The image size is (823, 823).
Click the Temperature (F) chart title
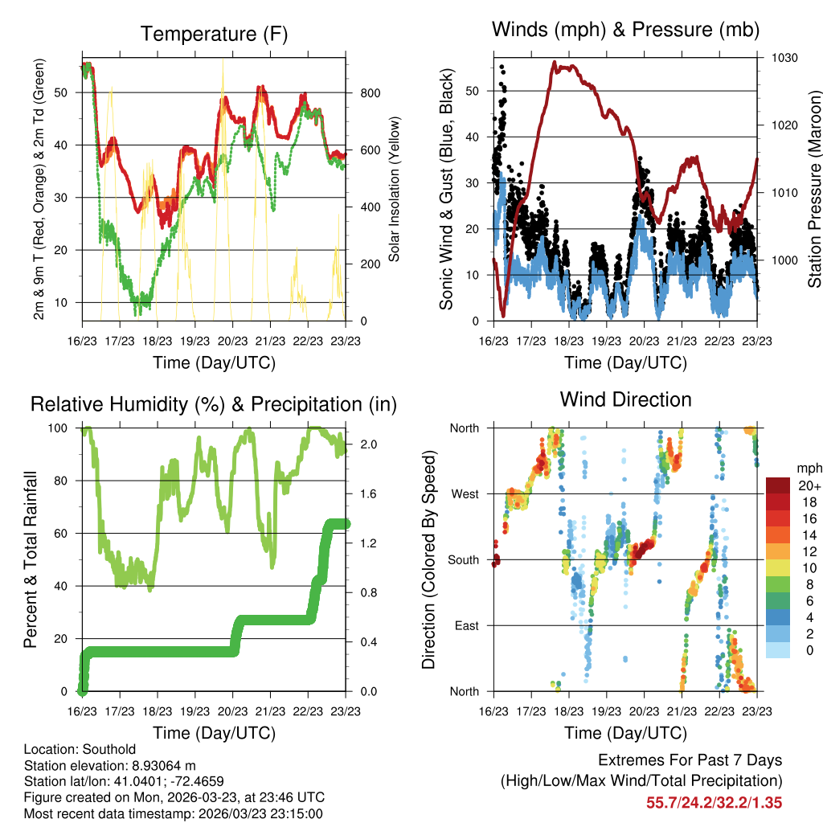214,34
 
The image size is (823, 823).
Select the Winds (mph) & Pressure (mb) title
625,30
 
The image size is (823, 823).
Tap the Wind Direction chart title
625,399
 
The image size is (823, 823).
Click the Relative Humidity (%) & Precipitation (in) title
214,403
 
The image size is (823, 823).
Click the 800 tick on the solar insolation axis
370,93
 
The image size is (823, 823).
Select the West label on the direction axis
465,493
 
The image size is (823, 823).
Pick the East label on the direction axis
466,625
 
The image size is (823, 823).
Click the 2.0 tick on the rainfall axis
362,444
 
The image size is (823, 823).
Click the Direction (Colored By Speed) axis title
428,559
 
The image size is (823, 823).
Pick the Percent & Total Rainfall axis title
30,559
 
